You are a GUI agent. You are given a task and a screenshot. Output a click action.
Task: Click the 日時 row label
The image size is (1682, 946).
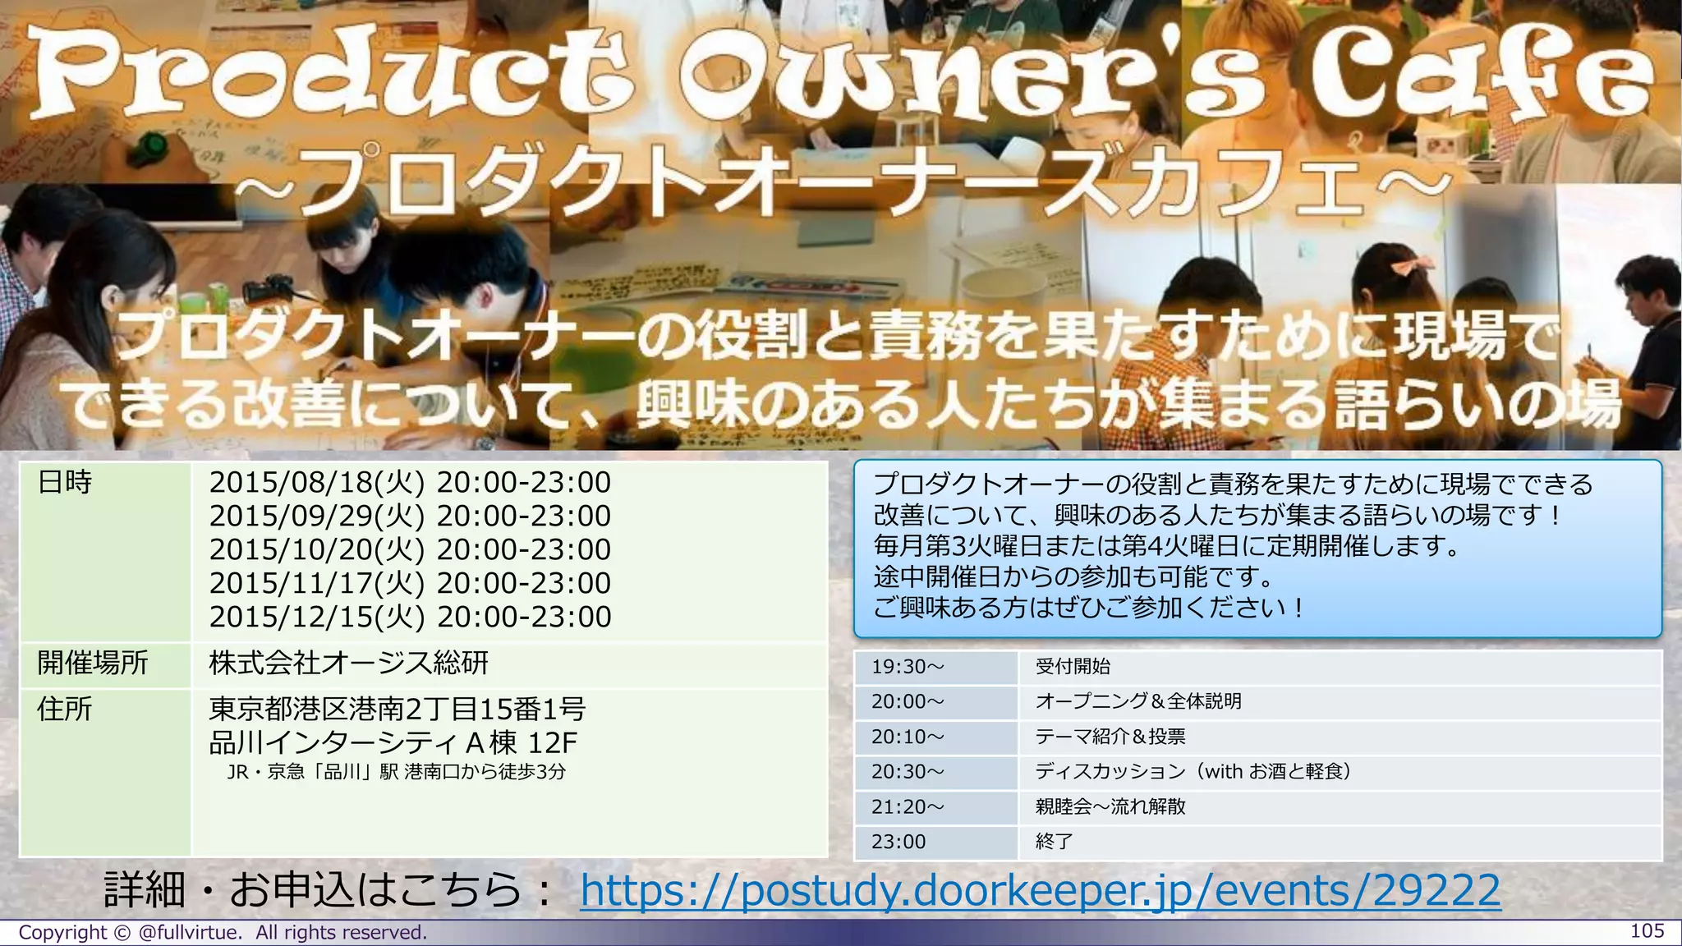65,483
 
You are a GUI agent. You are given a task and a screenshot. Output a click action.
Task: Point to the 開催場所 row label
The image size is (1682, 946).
93,663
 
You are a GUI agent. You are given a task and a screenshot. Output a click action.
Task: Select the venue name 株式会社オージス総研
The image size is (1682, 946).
349,663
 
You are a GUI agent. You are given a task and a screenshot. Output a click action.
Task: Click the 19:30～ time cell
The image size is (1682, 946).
908,667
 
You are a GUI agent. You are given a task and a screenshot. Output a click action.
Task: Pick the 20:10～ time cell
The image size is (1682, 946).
908,737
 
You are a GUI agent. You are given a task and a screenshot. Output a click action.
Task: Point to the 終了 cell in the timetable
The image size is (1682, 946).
1055,842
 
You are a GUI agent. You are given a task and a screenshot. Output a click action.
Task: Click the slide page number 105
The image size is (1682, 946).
1647,931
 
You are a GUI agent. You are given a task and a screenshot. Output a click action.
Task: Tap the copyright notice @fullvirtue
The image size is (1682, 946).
223,933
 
